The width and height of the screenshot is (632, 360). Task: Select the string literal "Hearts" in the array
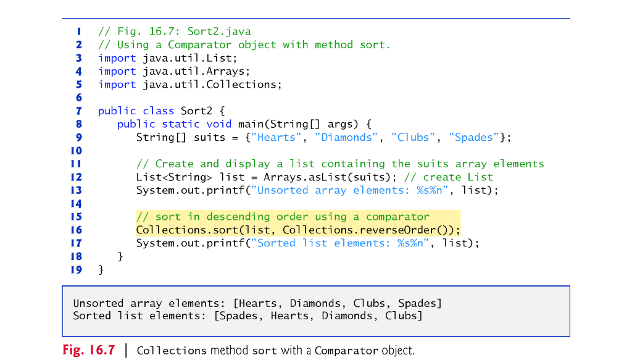(x=276, y=137)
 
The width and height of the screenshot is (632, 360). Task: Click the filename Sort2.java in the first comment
(x=219, y=31)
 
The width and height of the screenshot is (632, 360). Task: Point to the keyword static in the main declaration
(x=181, y=124)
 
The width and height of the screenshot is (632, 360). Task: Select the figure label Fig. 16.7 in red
(x=89, y=351)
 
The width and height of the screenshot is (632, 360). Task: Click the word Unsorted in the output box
(x=99, y=303)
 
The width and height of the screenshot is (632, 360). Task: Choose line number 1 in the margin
(x=79, y=31)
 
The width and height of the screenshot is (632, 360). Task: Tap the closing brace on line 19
(x=101, y=270)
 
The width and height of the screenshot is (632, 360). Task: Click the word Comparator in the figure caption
(x=346, y=351)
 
